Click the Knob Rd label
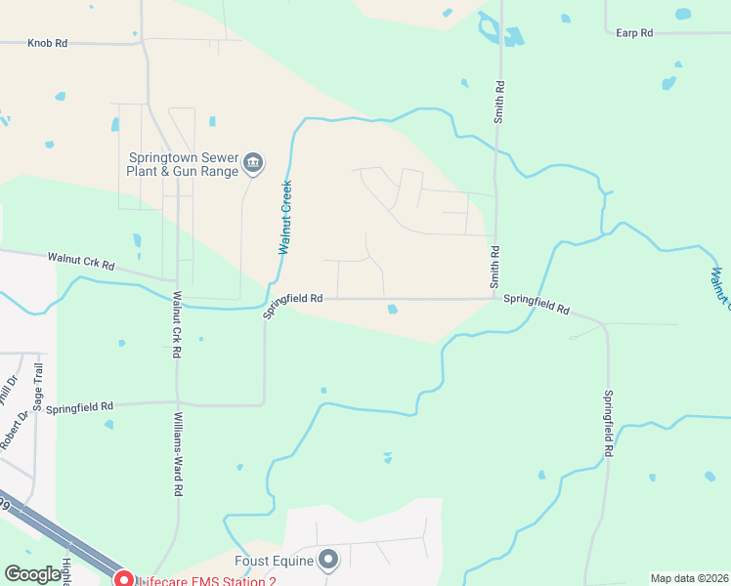point(47,43)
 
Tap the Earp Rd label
point(634,33)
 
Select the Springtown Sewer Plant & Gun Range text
point(183,163)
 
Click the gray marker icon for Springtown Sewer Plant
point(253,162)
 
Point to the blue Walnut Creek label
point(285,217)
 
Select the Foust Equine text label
point(274,561)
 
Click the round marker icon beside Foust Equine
point(328,561)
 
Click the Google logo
point(32,574)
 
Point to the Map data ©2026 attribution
point(688,578)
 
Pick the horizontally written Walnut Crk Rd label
point(81,263)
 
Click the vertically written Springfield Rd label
point(608,425)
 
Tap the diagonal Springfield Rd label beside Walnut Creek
point(292,306)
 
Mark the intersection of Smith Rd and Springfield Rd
point(495,299)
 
